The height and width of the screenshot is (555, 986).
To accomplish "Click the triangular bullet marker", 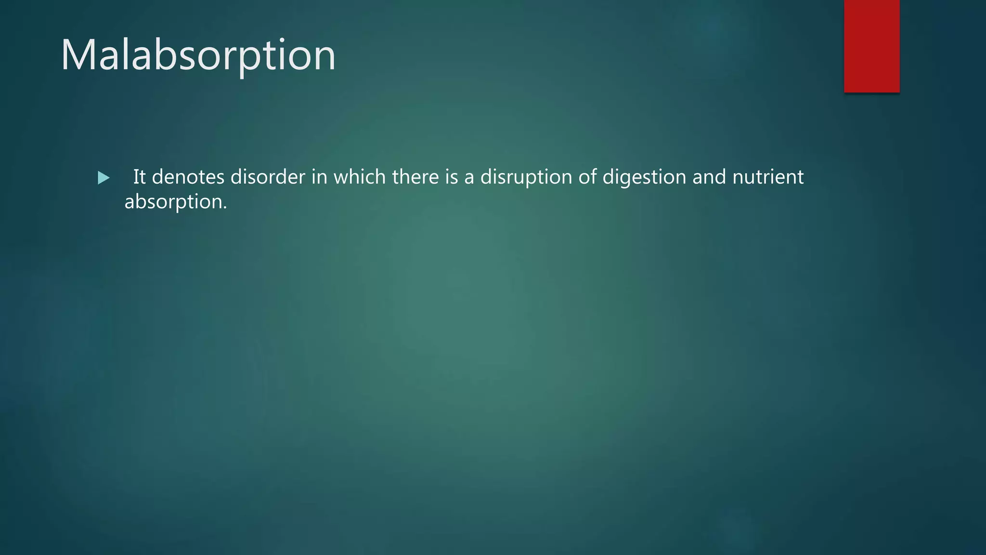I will [104, 178].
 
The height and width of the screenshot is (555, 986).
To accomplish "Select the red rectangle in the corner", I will [871, 46].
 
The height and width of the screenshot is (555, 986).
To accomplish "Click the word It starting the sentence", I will [139, 177].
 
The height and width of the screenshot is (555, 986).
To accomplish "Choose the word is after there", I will [452, 177].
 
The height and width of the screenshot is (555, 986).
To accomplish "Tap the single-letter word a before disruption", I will [469, 178].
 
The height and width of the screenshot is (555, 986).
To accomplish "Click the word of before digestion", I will [587, 177].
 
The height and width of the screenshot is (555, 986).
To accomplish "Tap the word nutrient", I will [768, 177].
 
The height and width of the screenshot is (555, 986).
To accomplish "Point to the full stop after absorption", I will [225, 208].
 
